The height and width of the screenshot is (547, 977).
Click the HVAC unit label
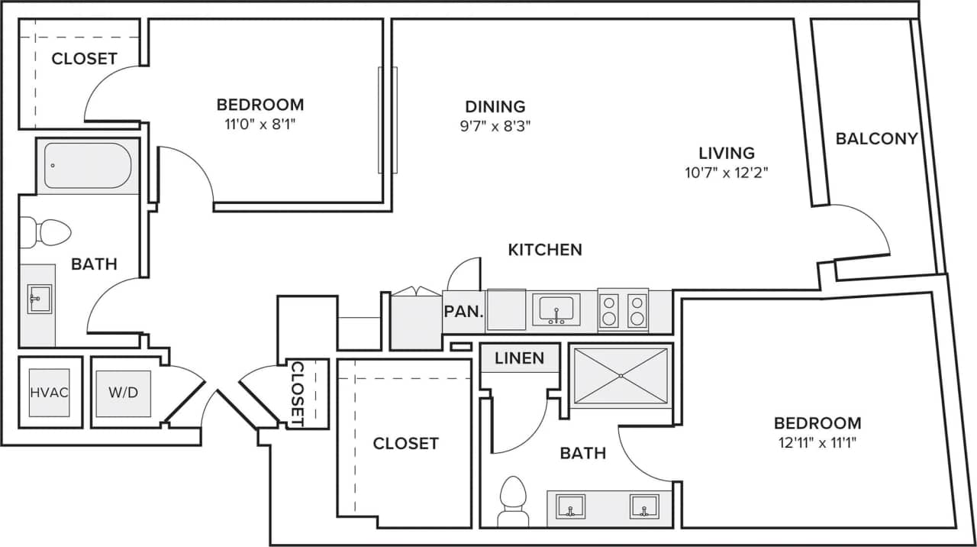(50, 393)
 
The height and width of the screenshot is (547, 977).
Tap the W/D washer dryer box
(123, 393)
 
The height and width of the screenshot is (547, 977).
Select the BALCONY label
(876, 138)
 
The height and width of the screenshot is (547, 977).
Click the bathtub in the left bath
(88, 165)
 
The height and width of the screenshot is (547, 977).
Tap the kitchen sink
(556, 309)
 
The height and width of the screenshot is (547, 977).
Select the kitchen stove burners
(623, 309)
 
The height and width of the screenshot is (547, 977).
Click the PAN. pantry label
(463, 312)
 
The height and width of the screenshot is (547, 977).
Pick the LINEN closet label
(519, 358)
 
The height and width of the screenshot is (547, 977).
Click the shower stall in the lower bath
(621, 376)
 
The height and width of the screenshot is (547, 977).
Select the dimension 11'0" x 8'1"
(260, 124)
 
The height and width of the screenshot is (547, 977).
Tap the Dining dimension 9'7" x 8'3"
(495, 126)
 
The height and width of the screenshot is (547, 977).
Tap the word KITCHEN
(545, 249)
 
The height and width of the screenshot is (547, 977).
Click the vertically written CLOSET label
(298, 393)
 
